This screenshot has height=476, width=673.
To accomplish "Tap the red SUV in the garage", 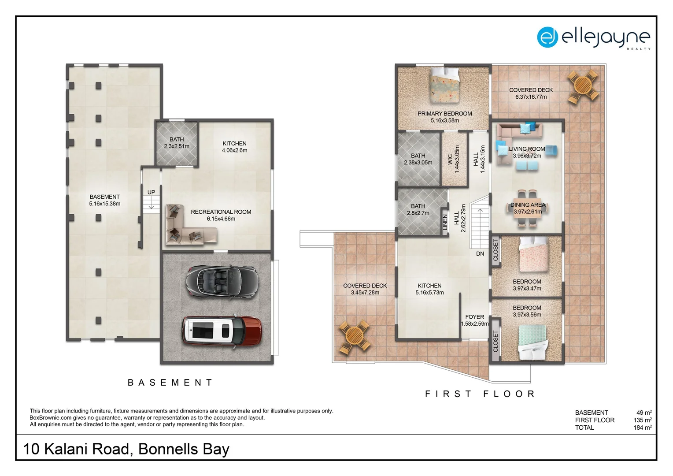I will pos(222,331).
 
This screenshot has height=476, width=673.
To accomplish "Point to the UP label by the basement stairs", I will pos(151,192).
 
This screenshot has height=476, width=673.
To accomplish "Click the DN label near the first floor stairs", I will pos(480,254).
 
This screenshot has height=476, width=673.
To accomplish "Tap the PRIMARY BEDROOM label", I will pos(444,114).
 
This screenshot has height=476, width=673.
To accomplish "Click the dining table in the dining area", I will pos(527,208).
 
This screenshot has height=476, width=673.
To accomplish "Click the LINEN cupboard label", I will pos(445,222).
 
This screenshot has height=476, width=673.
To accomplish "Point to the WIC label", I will pos(450,159).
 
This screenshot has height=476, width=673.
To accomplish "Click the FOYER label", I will pos(474,317).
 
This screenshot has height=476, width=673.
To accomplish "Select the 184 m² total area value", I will pos(642,428).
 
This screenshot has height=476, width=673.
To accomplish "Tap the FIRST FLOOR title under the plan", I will pos(480,394).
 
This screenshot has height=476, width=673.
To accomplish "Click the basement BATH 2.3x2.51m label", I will pos(177,143).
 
